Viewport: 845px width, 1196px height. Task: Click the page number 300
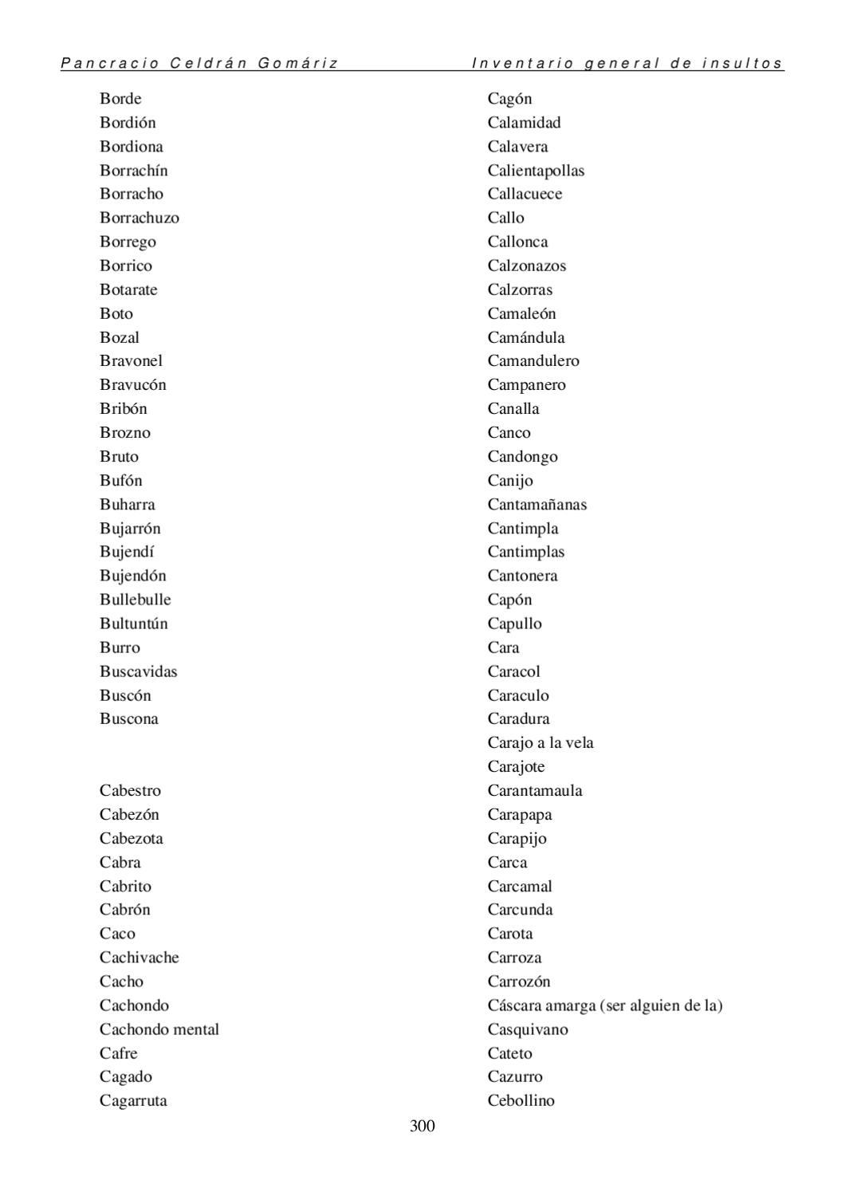point(422,1126)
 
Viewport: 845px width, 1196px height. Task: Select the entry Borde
point(120,99)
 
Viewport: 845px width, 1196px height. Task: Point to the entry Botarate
point(128,289)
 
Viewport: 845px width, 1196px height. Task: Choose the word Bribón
point(124,408)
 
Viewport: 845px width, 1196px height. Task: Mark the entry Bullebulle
point(136,600)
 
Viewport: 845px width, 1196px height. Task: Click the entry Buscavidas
point(139,671)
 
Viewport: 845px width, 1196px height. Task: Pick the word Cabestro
point(130,790)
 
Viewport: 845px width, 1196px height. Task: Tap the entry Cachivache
point(140,957)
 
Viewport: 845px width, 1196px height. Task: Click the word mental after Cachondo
point(196,1029)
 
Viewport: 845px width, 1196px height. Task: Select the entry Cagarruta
point(133,1100)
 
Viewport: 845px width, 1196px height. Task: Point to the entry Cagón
point(509,99)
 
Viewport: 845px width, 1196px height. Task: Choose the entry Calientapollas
point(536,171)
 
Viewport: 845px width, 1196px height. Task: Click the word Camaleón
point(521,313)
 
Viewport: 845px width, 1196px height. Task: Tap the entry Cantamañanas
point(536,504)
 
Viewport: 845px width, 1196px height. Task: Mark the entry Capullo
point(514,624)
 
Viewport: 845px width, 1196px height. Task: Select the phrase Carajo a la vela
point(540,742)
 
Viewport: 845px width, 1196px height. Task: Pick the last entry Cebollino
point(521,1100)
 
